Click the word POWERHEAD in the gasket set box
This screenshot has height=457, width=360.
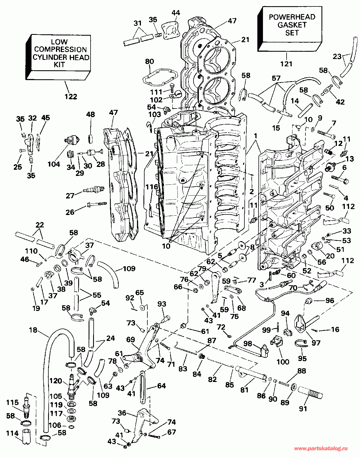(292, 17)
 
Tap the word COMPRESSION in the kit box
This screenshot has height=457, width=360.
(60, 49)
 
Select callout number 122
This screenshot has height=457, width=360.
(71, 97)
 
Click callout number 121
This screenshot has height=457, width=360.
(286, 64)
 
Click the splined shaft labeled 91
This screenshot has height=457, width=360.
(310, 391)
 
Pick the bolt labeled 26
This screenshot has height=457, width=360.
(96, 204)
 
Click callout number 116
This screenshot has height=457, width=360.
(152, 187)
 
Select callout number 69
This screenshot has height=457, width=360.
(130, 340)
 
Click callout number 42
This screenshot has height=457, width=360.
(340, 102)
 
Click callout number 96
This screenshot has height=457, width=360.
(330, 300)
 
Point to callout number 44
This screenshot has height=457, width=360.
(176, 13)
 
